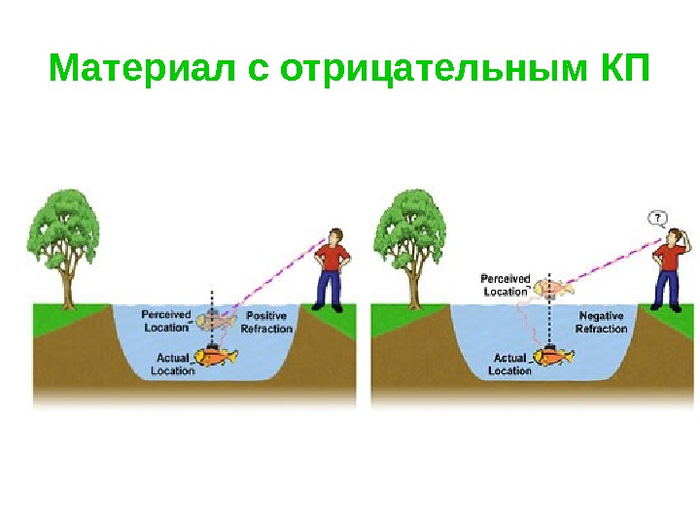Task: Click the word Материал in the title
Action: point(140,70)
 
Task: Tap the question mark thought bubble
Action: point(658,217)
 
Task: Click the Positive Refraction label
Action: point(266,323)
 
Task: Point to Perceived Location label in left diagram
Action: point(165,321)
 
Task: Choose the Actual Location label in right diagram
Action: point(509,365)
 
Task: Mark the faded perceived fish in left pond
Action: point(216,319)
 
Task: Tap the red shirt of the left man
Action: point(332,258)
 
